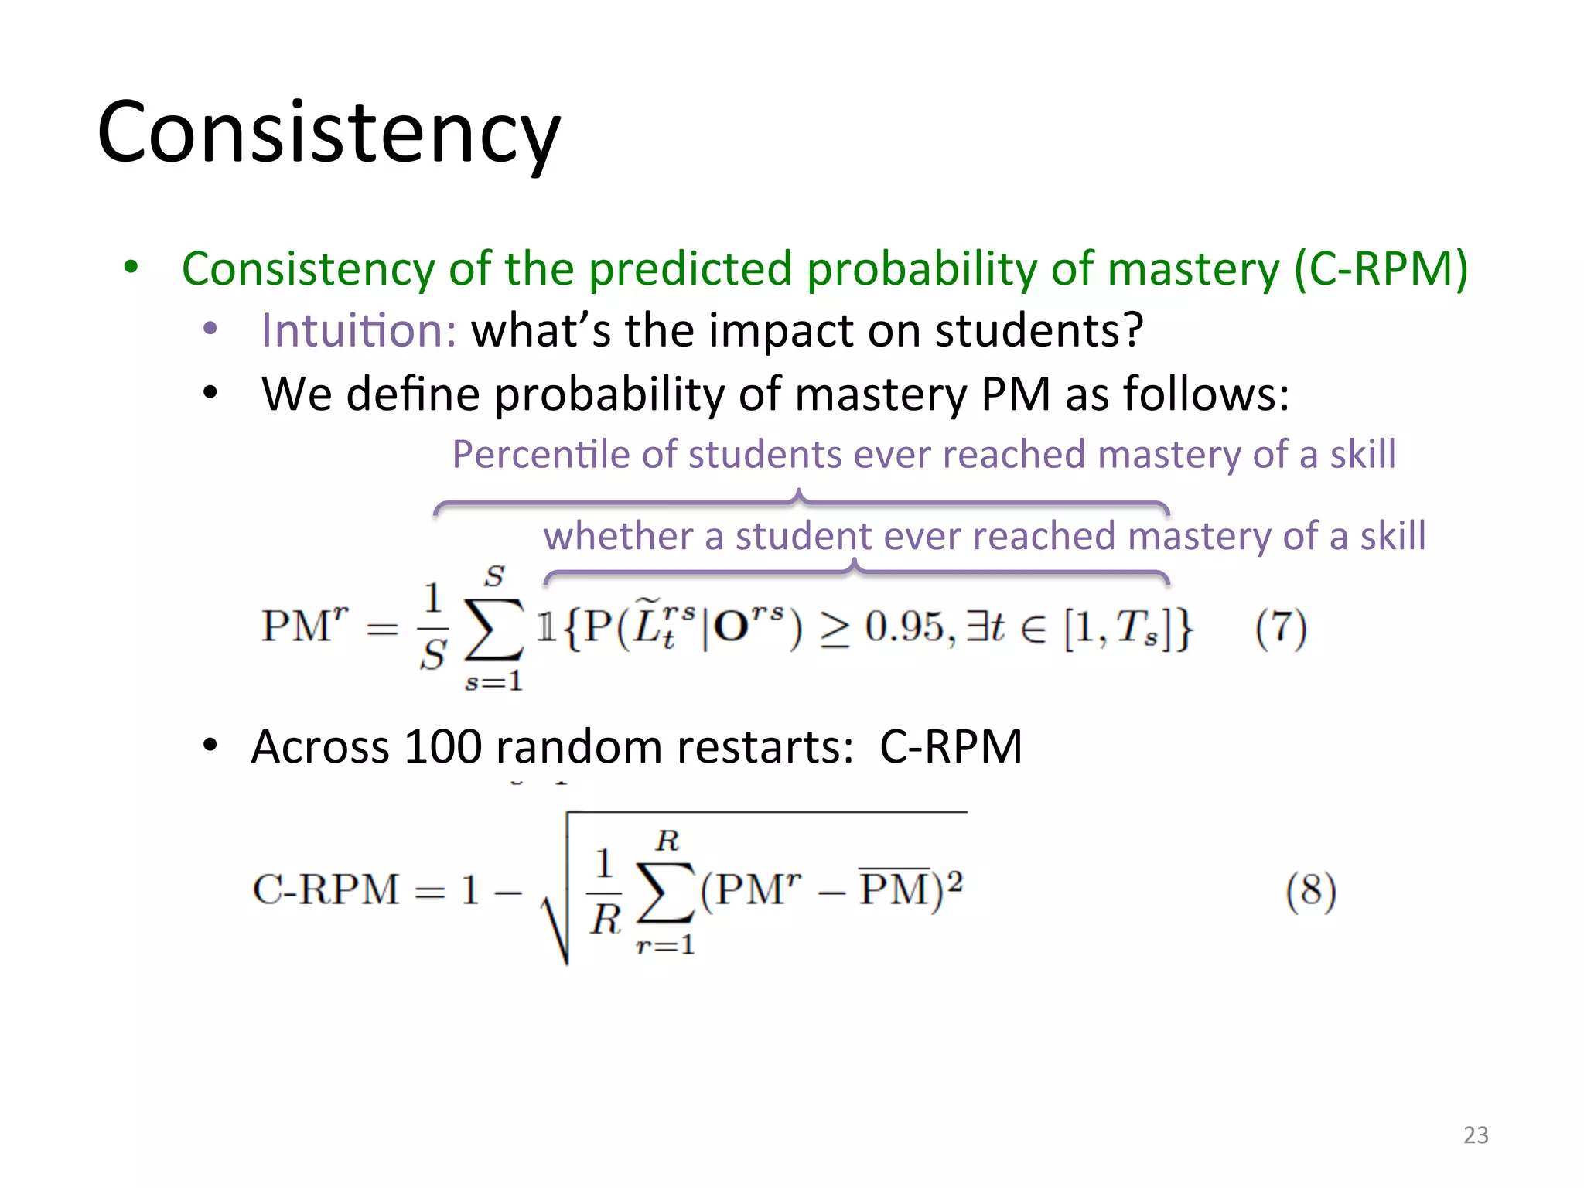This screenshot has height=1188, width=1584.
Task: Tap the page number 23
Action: click(x=1476, y=1135)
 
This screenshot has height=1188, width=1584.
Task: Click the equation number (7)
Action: click(x=1281, y=628)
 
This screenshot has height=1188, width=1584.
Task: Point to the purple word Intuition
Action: click(x=358, y=330)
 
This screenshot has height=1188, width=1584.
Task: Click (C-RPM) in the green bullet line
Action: click(x=1381, y=269)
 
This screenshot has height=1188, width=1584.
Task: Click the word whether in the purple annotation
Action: click(x=618, y=536)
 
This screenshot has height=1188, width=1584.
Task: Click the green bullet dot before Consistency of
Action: click(x=131, y=268)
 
